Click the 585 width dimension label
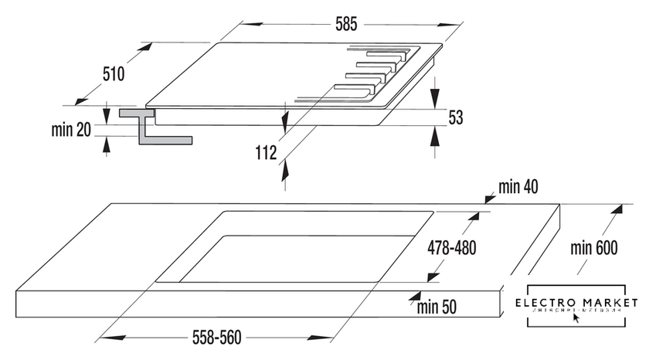coord(345,25)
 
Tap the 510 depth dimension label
coord(113,74)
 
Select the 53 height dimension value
coord(456,117)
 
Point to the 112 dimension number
coord(265,153)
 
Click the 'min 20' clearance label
coord(71,130)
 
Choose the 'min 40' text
coord(518,186)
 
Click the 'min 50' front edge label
coord(437,307)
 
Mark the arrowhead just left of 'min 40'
coord(489,198)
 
